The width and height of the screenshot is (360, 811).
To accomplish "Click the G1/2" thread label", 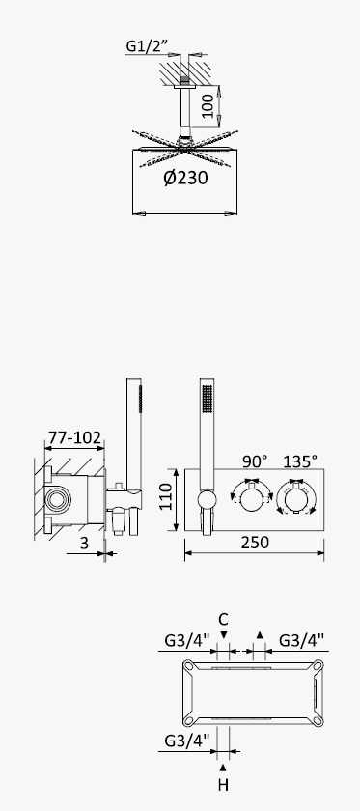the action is (147, 46).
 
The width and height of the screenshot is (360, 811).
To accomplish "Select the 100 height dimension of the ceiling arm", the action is (208, 106).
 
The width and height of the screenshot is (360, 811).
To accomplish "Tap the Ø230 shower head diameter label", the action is (185, 178).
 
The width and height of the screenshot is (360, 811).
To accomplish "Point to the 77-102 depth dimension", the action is (74, 438).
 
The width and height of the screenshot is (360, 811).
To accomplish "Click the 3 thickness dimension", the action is (84, 543).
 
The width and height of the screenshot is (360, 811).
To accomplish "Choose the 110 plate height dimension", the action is (165, 496).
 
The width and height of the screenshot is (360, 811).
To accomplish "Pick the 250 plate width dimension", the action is (255, 542).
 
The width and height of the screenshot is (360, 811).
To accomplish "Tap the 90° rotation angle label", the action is (255, 461).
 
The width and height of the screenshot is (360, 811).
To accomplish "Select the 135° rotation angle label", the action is (299, 461).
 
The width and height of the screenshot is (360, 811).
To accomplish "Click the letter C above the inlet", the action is (223, 619).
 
